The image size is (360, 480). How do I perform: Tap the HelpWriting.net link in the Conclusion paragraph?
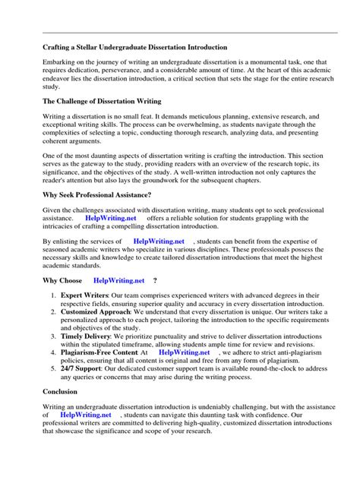[x=85, y=415]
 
